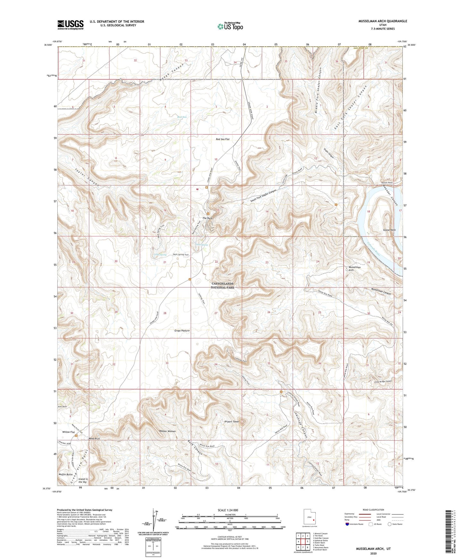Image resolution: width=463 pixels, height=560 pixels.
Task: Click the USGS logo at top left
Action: pos(70,25)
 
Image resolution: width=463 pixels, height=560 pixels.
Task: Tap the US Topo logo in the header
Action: pos(230,26)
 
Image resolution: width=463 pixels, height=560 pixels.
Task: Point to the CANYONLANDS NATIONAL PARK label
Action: pos(222,285)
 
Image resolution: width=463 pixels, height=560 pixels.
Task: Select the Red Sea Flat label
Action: pos(223,139)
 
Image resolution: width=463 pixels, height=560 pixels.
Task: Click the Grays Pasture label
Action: pos(182,330)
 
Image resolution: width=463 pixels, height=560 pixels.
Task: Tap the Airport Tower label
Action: pos(232,421)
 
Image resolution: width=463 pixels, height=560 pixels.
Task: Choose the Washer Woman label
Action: pos(167,431)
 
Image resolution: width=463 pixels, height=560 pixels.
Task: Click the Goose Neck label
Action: pos(389,230)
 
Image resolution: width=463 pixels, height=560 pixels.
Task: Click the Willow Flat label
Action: pos(69,432)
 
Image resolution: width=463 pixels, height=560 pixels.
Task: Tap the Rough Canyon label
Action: pos(173,71)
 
